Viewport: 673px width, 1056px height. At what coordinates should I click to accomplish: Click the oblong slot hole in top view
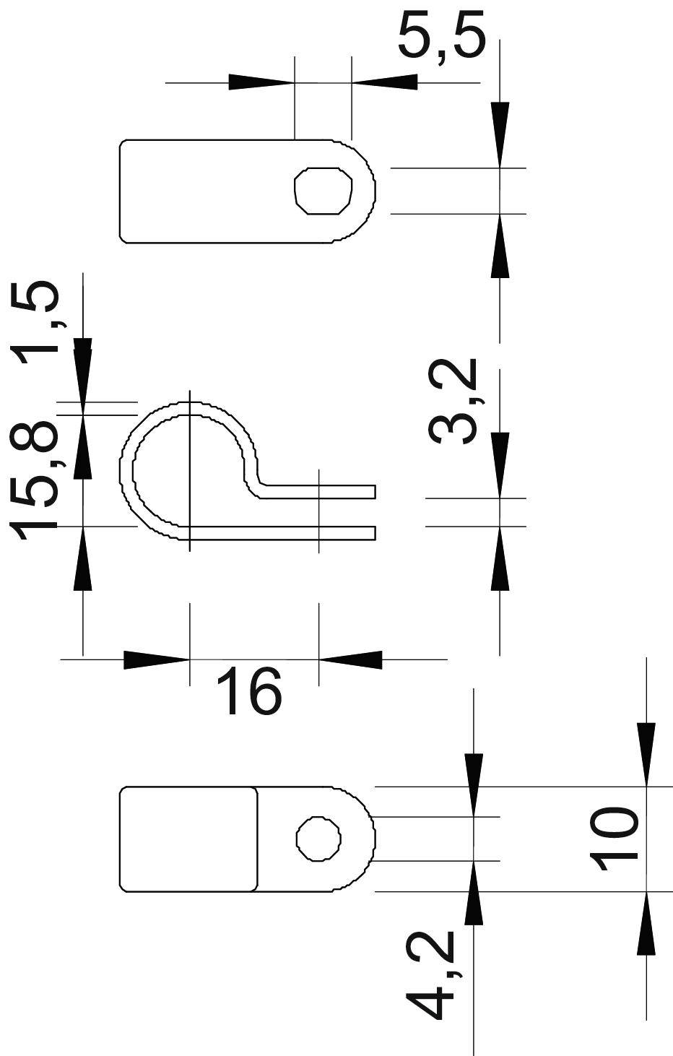coord(325,191)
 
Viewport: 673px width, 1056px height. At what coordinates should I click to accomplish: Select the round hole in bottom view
coord(318,839)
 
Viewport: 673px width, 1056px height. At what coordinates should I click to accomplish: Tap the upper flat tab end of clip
coord(361,492)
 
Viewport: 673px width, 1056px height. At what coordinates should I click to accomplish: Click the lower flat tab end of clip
coord(361,533)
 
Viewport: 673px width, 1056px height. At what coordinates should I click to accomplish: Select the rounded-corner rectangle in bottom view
coord(188,839)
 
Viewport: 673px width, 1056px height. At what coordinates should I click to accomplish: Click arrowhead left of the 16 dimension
coord(155,659)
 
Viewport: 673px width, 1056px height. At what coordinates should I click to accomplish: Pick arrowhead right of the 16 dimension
coord(351,659)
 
